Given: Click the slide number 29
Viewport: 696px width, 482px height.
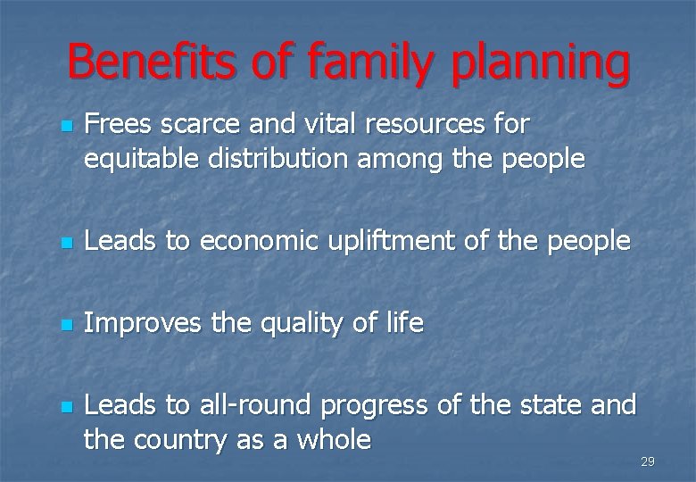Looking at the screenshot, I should pyautogui.click(x=648, y=461).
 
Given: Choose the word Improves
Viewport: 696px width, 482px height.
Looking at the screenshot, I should pyautogui.click(x=143, y=323).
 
